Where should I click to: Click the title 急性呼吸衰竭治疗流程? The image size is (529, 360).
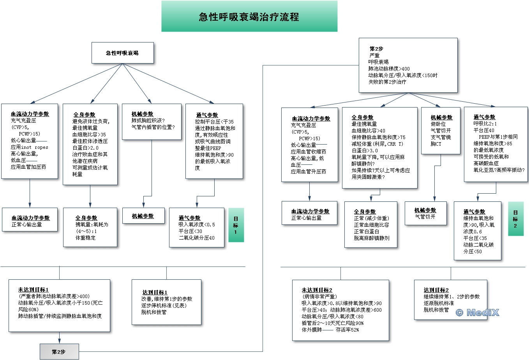click(x=249, y=17)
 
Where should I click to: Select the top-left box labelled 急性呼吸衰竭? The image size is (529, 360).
click(x=122, y=53)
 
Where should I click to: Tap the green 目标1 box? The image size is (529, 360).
click(x=236, y=225)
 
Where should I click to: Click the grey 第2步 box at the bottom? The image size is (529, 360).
click(x=59, y=351)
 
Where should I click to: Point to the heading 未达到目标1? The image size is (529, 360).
click(x=34, y=289)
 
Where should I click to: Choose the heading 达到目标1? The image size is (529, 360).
click(x=155, y=292)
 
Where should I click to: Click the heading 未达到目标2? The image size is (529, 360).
click(x=317, y=290)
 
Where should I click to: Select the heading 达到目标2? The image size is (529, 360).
click(x=436, y=290)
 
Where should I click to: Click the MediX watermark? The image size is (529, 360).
click(x=477, y=312)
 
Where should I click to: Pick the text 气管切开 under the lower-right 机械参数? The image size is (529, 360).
click(x=425, y=217)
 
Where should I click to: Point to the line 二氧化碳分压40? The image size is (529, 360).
click(x=196, y=238)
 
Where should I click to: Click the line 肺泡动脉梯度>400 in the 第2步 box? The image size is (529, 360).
click(x=389, y=69)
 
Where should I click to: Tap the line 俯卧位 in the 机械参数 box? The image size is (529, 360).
click(x=438, y=124)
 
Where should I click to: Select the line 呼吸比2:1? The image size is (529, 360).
click(x=485, y=124)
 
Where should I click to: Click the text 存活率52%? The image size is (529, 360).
click(x=347, y=330)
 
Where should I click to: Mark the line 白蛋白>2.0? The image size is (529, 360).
click(x=85, y=148)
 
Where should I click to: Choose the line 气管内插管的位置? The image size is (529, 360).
click(x=153, y=127)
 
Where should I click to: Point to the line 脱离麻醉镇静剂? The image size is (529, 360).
click(x=371, y=238)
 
